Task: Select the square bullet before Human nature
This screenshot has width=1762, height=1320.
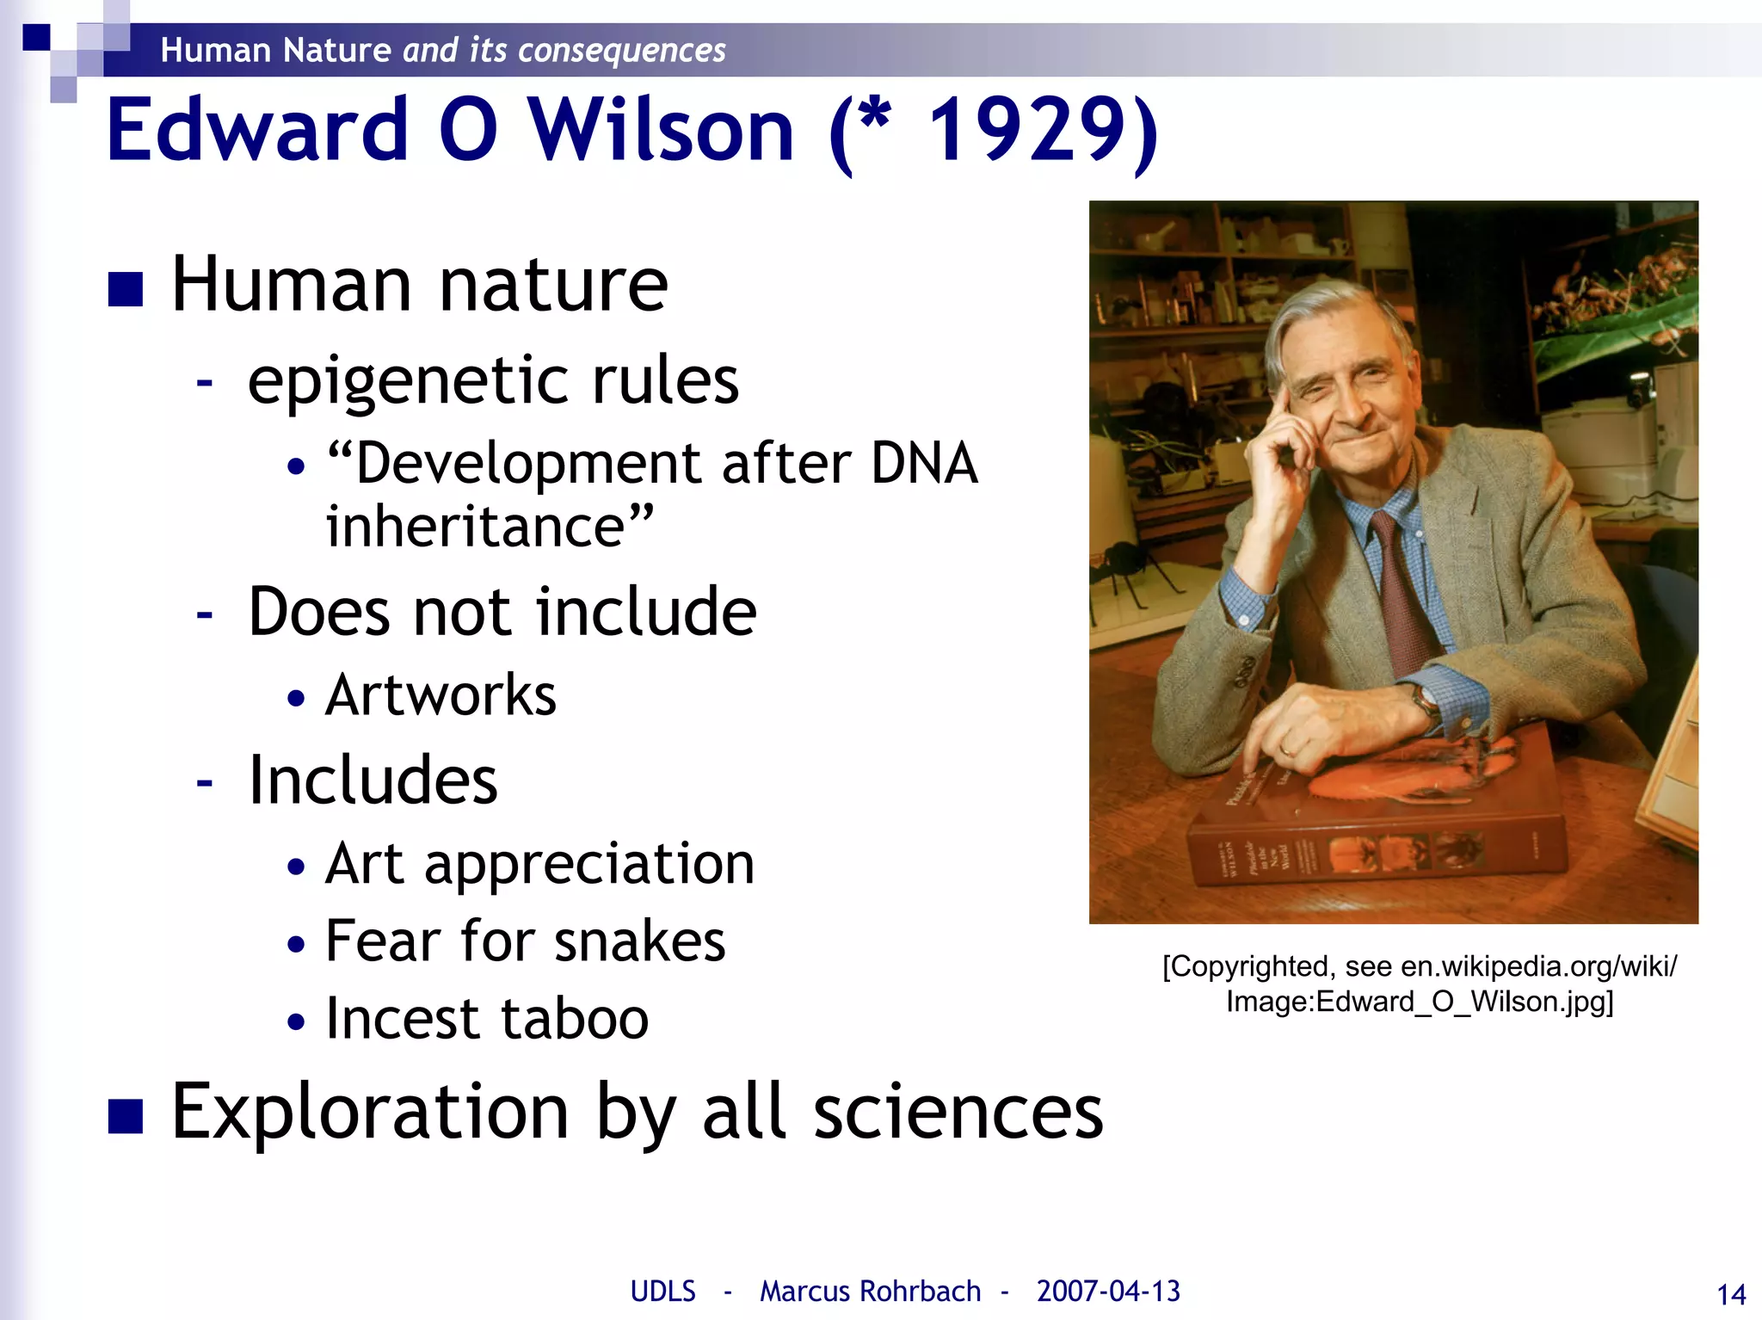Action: [126, 289]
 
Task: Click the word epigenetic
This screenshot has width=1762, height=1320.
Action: [408, 380]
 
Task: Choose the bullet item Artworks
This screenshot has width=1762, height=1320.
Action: [440, 694]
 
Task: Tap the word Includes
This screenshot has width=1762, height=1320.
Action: [373, 780]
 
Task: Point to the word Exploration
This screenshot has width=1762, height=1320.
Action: [370, 1112]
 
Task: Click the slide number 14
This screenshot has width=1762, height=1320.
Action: [1731, 1294]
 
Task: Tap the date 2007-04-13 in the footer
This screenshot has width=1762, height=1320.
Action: [1108, 1292]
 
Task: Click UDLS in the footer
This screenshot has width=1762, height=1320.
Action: [662, 1292]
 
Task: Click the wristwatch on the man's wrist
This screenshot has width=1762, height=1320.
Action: [1426, 704]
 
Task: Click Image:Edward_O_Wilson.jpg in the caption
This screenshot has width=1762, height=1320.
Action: [1420, 1002]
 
